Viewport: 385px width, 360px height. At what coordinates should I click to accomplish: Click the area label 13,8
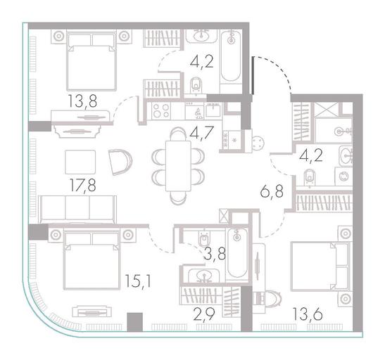pyautogui.click(x=82, y=101)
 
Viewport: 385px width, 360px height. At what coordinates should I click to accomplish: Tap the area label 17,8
pyautogui.click(x=82, y=186)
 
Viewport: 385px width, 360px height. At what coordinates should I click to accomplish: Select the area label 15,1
pyautogui.click(x=138, y=281)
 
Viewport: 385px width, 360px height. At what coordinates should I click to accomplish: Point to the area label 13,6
pyautogui.click(x=308, y=314)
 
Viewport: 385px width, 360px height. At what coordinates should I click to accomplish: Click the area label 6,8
pyautogui.click(x=272, y=191)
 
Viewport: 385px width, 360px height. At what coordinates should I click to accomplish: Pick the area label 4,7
pyautogui.click(x=202, y=134)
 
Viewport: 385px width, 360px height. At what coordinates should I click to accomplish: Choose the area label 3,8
pyautogui.click(x=215, y=254)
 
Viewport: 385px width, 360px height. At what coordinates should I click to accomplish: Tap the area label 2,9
pyautogui.click(x=204, y=314)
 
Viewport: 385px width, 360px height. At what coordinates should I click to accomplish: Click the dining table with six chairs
pyautogui.click(x=178, y=166)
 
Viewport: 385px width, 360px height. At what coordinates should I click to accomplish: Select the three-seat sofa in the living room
pyautogui.click(x=77, y=210)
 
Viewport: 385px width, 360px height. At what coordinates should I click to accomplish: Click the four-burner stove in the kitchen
pyautogui.click(x=161, y=111)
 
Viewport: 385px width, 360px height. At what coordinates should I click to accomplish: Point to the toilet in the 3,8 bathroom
pyautogui.click(x=203, y=238)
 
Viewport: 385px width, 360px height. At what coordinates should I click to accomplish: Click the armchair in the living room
pyautogui.click(x=120, y=162)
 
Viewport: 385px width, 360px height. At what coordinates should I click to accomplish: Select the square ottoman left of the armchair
pyautogui.click(x=80, y=162)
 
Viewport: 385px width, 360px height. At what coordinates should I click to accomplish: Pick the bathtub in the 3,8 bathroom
pyautogui.click(x=237, y=253)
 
